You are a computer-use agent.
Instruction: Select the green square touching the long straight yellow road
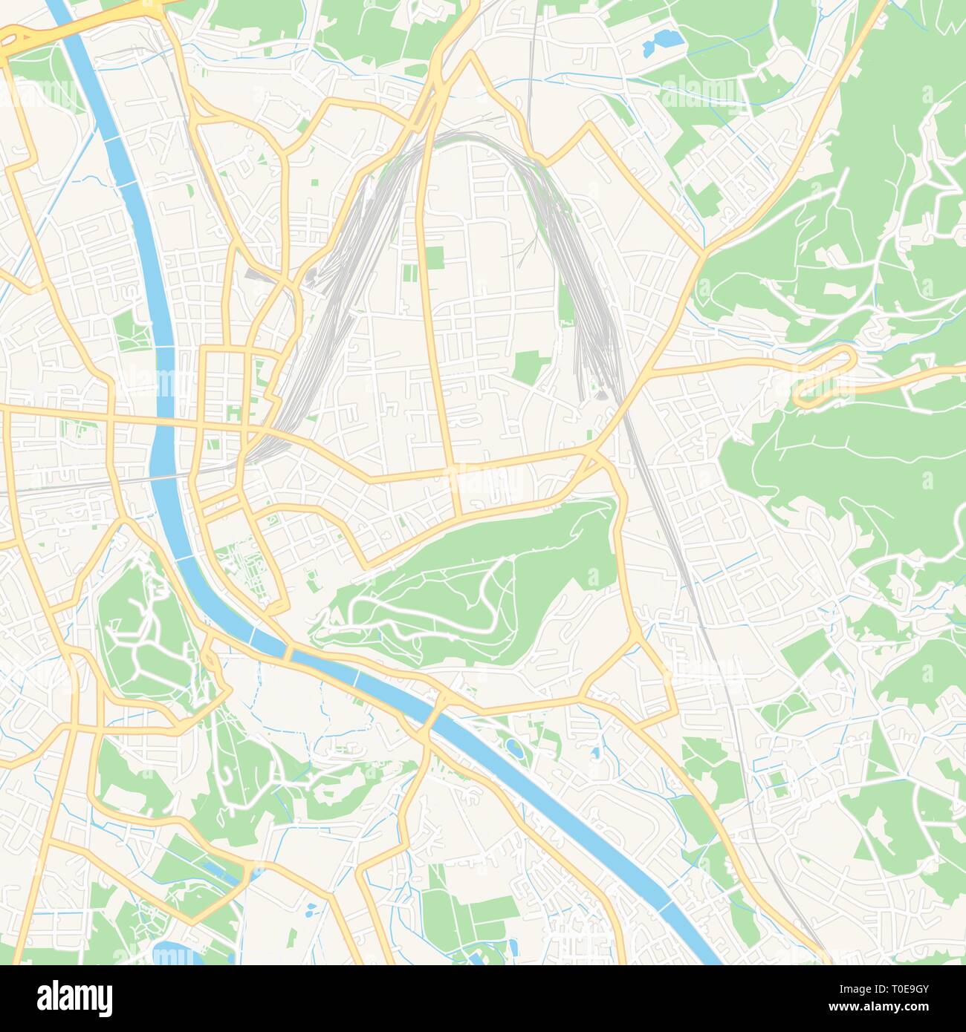point(434,258)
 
